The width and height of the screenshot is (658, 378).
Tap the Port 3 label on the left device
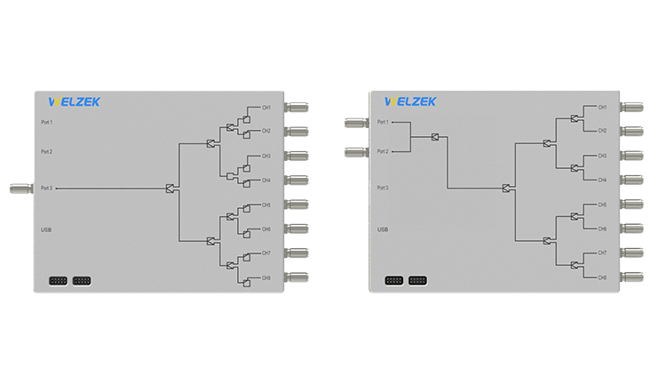click(47, 188)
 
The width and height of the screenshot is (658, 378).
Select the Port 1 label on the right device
click(382, 122)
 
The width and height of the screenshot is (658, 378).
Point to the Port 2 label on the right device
click(382, 151)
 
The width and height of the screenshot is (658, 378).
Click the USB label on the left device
click(46, 229)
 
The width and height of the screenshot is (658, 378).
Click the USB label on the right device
click(382, 229)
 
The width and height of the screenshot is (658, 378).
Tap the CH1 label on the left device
click(266, 108)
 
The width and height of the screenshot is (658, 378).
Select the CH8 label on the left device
click(266, 277)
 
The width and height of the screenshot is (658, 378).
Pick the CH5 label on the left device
click(266, 205)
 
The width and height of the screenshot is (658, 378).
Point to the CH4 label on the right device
click(602, 180)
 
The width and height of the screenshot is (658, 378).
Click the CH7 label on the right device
click(602, 253)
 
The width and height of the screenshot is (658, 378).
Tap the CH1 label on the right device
click(602, 108)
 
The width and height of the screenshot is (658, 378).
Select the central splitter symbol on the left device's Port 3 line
click(170, 188)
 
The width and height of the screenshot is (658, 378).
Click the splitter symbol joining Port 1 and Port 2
click(435, 137)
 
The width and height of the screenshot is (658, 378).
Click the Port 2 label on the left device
click(47, 151)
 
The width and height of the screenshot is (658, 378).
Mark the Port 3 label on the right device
click(382, 188)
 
